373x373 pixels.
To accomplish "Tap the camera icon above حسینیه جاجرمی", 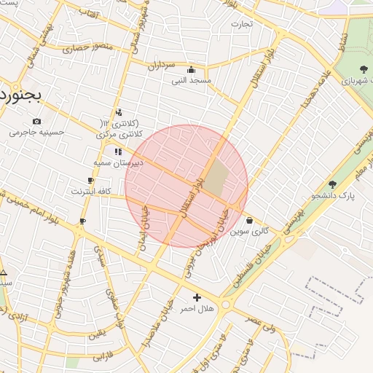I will tap(36, 121).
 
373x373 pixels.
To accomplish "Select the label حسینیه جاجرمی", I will tap(36, 133).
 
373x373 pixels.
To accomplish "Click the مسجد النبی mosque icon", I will tap(191, 70).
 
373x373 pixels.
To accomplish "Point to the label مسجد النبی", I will tap(191, 80).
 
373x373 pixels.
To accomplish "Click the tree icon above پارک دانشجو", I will tap(333, 184).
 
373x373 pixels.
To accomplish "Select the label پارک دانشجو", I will tap(333, 195).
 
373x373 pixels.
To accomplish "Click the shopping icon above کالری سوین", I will tap(250, 220).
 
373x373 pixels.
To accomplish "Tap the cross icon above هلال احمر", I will tap(197, 297).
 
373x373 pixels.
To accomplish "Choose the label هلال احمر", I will tap(197, 309).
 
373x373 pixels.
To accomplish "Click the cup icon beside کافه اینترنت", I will tap(90, 180).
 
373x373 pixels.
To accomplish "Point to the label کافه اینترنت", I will tap(90, 191).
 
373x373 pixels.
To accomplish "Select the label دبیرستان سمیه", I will tap(118, 162).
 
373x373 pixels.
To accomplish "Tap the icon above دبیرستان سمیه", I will tap(118, 152).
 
